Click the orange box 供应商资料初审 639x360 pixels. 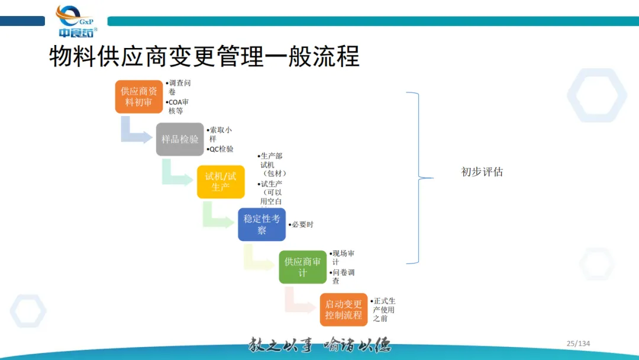tap(138, 97)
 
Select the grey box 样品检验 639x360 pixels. tap(180, 139)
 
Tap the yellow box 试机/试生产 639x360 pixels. tap(221, 182)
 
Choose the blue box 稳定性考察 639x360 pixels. tap(262, 224)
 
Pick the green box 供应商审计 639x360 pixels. tap(302, 267)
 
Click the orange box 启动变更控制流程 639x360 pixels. tap(343, 309)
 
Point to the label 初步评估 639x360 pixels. tap(482, 172)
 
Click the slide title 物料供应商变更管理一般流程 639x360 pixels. tap(204, 57)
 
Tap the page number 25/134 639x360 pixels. tap(578, 343)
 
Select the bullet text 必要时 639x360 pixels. tap(302, 224)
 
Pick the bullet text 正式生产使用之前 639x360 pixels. tap(383, 310)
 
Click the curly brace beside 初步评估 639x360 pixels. tap(419, 178)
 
